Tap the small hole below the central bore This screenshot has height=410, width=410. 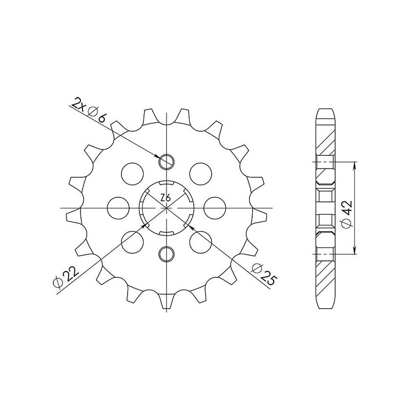click(x=166, y=253)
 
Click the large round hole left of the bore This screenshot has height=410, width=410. click(x=118, y=208)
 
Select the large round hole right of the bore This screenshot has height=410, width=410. click(x=214, y=208)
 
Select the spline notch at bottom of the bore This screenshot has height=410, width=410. click(x=166, y=233)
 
